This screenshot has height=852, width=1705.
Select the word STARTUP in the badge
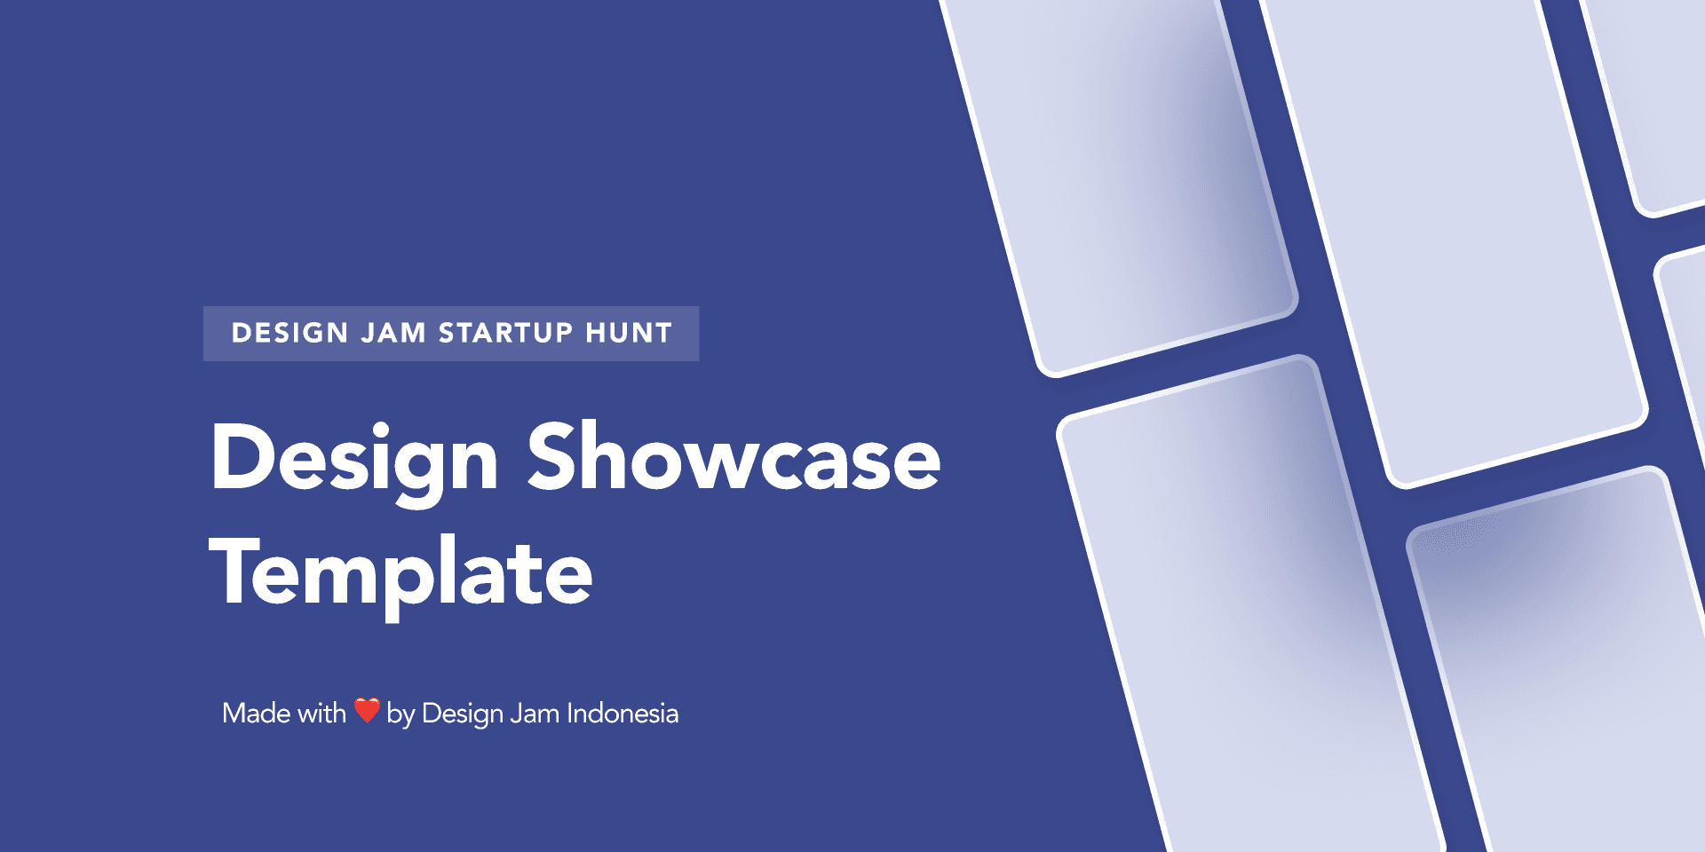[506, 333]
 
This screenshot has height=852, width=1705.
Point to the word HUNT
[629, 333]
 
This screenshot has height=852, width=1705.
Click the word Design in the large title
[354, 462]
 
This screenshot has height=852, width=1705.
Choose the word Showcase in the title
[734, 456]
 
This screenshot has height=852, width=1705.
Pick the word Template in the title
[400, 573]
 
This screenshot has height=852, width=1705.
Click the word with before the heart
[321, 713]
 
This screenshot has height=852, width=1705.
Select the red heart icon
[367, 710]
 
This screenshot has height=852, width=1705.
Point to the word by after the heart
[400, 715]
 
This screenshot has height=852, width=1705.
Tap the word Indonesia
[623, 713]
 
